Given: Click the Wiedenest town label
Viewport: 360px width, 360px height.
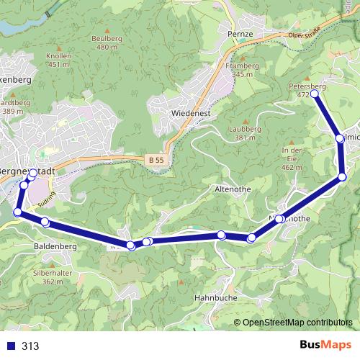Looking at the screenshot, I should tap(189, 114).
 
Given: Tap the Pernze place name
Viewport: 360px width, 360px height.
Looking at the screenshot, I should tap(238, 35).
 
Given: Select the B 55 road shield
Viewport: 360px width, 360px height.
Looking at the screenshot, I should tap(158, 159).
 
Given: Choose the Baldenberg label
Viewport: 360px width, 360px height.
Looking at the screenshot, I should tap(55, 246).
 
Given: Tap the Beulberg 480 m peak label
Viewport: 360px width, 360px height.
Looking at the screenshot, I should tap(106, 42).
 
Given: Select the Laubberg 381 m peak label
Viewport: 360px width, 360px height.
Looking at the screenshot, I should tap(246, 133).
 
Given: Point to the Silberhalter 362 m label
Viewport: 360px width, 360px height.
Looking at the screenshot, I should tap(53, 277).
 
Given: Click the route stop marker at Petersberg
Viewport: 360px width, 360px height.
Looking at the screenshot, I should tap(314, 94).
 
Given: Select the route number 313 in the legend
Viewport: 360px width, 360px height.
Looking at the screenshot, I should tap(30, 346).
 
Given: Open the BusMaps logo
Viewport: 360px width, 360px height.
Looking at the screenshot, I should tap(321, 345).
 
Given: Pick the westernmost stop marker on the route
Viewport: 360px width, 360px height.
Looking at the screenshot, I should tap(18, 212).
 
